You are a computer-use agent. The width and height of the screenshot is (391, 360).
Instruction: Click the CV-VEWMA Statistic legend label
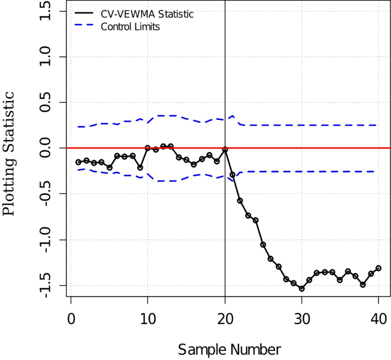[147, 14]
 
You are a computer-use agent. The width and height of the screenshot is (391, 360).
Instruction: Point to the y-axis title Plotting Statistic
[10, 151]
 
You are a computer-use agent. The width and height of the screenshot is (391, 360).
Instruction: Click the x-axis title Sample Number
[229, 349]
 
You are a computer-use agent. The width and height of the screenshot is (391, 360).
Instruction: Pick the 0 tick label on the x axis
[71, 317]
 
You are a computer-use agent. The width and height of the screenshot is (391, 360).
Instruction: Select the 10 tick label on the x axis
[148, 317]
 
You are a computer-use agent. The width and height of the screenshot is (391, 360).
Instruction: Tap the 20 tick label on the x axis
[225, 317]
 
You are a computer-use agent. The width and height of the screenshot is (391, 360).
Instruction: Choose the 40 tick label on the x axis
[379, 317]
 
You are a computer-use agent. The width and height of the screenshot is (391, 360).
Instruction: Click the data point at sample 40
[378, 268]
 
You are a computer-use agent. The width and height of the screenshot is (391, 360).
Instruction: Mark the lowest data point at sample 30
[302, 289]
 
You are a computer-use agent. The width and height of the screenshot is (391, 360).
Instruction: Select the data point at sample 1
[78, 162]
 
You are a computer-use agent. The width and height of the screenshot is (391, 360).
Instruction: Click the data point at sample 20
[225, 149]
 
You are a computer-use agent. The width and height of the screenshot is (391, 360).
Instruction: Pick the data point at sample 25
[263, 245]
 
